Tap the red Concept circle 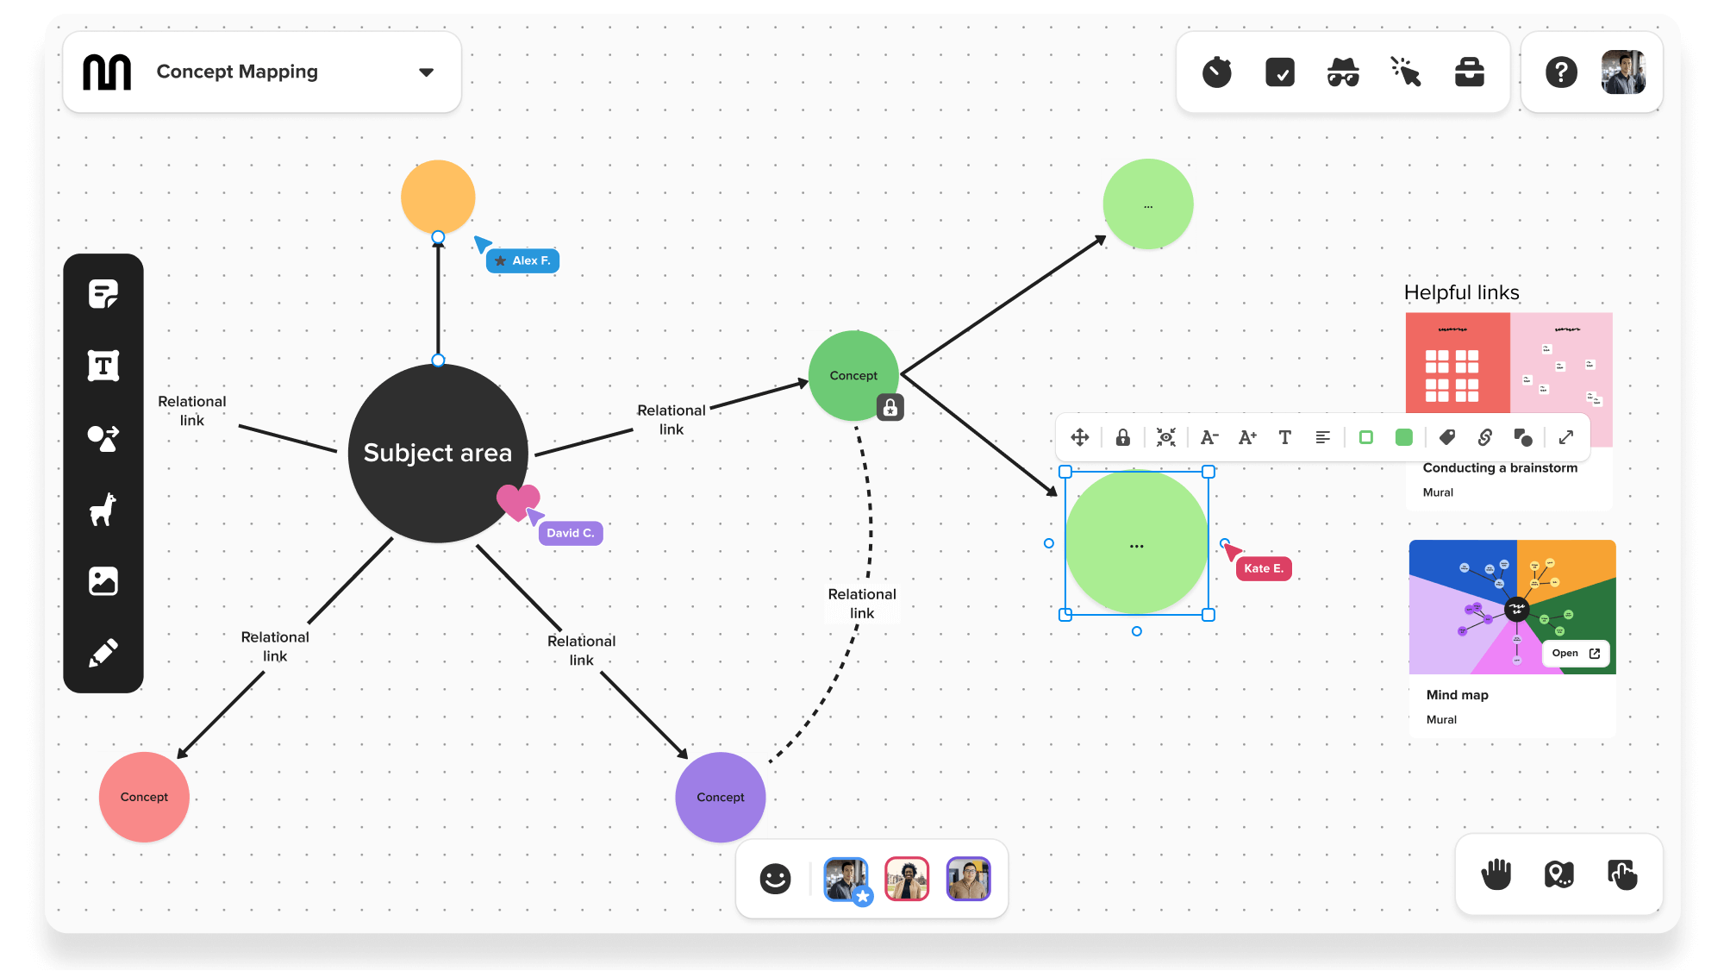144,797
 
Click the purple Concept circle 720,797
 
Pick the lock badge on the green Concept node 890,407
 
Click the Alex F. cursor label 523,260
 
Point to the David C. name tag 570,533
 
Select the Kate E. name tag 1264,568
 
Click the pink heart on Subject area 517,500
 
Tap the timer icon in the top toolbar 1217,72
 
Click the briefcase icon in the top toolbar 1470,72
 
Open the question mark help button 1561,72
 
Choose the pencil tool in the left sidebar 103,653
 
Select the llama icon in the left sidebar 103,510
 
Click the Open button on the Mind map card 1576,654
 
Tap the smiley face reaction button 775,879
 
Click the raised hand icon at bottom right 1496,874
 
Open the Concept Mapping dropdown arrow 426,72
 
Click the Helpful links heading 1461,292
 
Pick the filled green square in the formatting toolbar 1404,437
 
